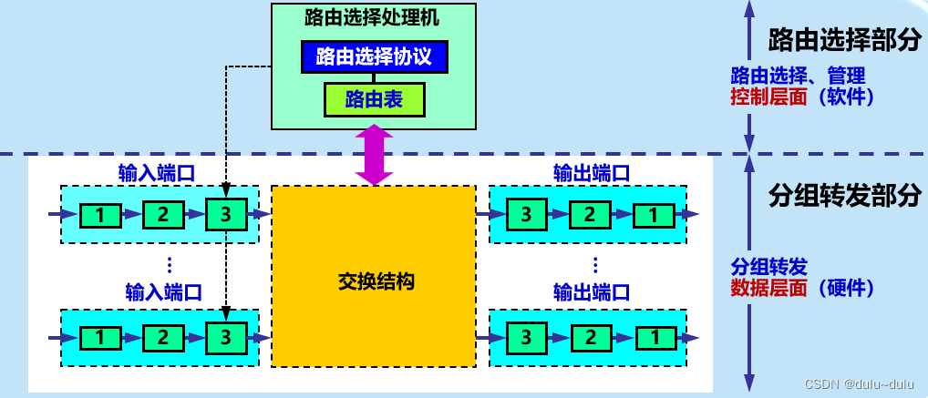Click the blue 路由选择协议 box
pos(374,57)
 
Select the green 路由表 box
pos(374,98)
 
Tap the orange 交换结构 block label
pos(374,281)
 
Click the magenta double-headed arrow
pos(374,155)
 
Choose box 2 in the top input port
pos(162,215)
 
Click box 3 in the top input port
pos(225,215)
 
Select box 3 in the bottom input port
pos(225,337)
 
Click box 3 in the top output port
pos(527,215)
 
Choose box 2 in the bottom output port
pos(590,337)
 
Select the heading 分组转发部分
pos(843,195)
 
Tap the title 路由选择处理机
pos(374,17)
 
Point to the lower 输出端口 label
pos(592,292)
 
